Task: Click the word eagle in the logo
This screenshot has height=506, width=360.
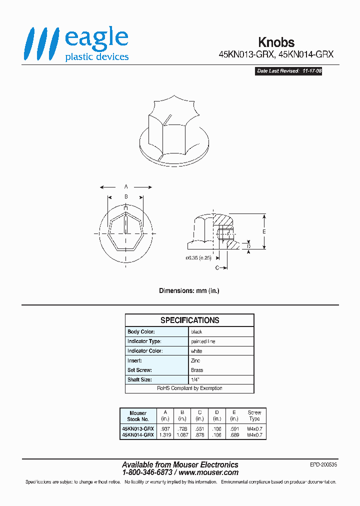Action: click(x=96, y=39)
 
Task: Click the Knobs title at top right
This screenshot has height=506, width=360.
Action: click(x=276, y=42)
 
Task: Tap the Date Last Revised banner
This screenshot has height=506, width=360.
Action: click(x=288, y=71)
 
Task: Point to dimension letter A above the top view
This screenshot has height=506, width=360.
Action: click(x=126, y=187)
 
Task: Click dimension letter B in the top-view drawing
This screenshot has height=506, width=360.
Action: click(x=126, y=197)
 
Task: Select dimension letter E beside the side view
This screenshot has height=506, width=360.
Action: click(x=263, y=231)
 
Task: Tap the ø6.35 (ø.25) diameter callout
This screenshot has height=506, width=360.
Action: click(x=198, y=258)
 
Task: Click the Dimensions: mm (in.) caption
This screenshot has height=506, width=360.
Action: click(x=189, y=290)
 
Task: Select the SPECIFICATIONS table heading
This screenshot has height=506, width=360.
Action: click(x=189, y=320)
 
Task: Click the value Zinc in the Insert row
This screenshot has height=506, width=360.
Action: click(x=196, y=360)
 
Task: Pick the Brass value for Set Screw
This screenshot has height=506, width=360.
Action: click(x=197, y=370)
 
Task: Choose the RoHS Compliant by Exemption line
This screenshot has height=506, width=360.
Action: click(x=189, y=388)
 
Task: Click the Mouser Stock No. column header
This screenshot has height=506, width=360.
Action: click(x=138, y=416)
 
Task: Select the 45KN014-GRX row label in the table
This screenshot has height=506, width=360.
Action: click(x=138, y=435)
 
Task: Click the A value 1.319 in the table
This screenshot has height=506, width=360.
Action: click(x=165, y=435)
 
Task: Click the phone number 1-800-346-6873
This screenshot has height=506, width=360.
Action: click(x=147, y=472)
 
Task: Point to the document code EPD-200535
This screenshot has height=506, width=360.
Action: click(x=323, y=464)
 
